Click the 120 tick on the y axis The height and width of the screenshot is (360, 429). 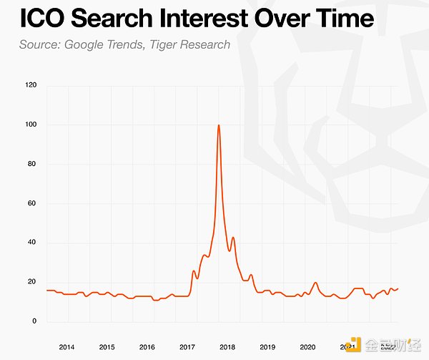[x=30, y=86]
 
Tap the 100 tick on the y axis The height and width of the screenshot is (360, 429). [x=30, y=125]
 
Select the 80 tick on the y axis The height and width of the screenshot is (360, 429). [x=31, y=165]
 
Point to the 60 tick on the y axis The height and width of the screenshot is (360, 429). [x=31, y=204]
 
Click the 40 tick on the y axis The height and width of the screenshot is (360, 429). [x=31, y=243]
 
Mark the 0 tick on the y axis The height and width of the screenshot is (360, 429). [x=34, y=321]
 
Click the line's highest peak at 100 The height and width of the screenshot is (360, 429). [x=218, y=126]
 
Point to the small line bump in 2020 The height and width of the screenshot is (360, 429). [x=315, y=283]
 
